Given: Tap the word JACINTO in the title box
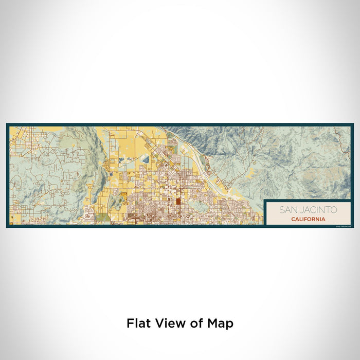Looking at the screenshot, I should [x=317, y=210].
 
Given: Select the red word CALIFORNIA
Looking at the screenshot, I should [x=308, y=219].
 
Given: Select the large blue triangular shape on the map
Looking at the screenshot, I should [x=145, y=159].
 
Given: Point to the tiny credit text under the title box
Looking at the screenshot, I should [x=341, y=224].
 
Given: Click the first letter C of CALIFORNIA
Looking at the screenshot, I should [x=292, y=219].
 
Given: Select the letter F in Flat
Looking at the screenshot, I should [x=130, y=323].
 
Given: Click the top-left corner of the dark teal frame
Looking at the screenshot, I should [x=7, y=124].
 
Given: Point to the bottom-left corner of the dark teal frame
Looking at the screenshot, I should [x=7, y=226].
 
